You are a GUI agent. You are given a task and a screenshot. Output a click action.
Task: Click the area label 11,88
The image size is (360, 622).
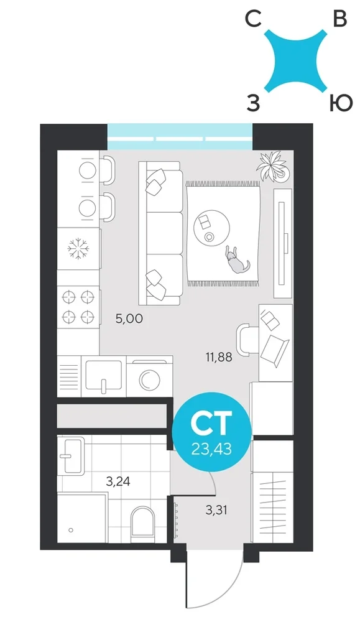(x=218, y=358)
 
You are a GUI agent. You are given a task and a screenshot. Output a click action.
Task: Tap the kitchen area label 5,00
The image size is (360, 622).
(x=129, y=318)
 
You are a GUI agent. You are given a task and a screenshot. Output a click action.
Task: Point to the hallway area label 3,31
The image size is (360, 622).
(x=216, y=509)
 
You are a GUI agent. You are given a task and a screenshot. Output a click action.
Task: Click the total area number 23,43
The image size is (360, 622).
(x=211, y=450)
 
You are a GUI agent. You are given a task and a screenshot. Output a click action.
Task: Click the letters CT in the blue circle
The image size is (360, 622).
(x=211, y=423)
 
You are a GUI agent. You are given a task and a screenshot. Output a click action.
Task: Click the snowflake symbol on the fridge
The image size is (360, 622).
(x=78, y=249)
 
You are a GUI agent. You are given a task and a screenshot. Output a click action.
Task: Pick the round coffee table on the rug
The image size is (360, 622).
(x=212, y=228)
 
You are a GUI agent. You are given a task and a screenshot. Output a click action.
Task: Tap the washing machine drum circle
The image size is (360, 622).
(x=149, y=379)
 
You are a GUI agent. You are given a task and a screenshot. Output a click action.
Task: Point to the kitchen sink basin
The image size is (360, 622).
(x=104, y=375)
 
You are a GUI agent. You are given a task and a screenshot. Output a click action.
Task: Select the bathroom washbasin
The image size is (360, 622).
(x=71, y=455)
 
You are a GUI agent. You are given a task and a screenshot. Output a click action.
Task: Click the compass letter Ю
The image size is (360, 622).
(x=341, y=103)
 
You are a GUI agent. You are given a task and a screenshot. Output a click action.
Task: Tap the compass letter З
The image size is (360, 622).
(x=253, y=103)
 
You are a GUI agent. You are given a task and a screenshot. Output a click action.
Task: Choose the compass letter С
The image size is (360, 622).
(x=253, y=19)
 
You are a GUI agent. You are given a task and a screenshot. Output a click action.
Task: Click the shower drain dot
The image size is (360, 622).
(x=71, y=530)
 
